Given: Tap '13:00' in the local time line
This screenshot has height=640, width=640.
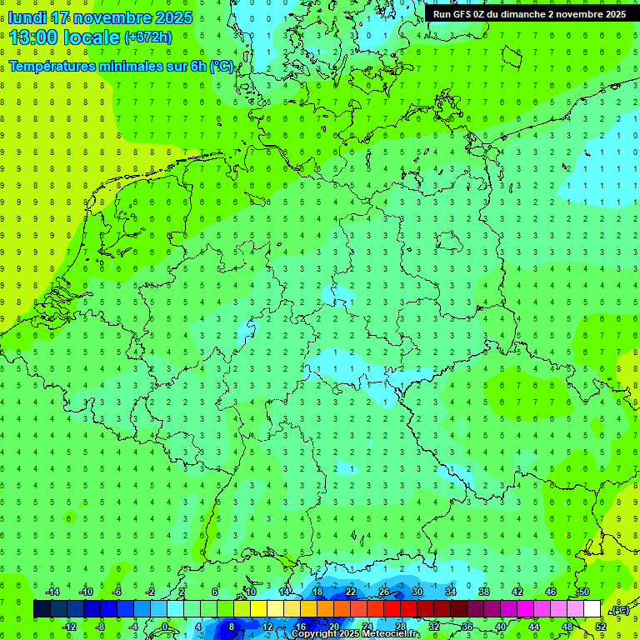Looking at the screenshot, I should [34, 37].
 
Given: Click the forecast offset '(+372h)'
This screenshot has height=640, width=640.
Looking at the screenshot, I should [147, 37].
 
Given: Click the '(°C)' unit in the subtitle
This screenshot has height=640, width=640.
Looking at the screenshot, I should [222, 67].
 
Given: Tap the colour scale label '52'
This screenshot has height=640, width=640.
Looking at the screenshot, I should [601, 627].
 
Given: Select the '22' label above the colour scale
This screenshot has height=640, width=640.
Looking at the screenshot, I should [351, 592].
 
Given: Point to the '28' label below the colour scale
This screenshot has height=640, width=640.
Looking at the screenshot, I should [401, 627].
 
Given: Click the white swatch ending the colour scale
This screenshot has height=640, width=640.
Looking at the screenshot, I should [592, 609].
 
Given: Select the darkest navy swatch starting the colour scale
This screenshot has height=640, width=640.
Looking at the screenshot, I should [42, 609].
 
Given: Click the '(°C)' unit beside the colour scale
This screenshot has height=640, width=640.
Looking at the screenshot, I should [620, 610].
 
